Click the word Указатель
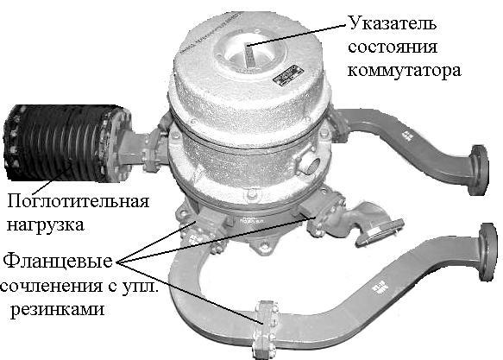click(392, 23)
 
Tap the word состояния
click(393, 47)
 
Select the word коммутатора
click(405, 71)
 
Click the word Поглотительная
click(79, 201)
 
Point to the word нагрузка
click(46, 225)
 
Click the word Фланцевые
click(58, 261)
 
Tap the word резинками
click(58, 310)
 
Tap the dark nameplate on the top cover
click(288, 75)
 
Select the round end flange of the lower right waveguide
click(487, 252)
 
